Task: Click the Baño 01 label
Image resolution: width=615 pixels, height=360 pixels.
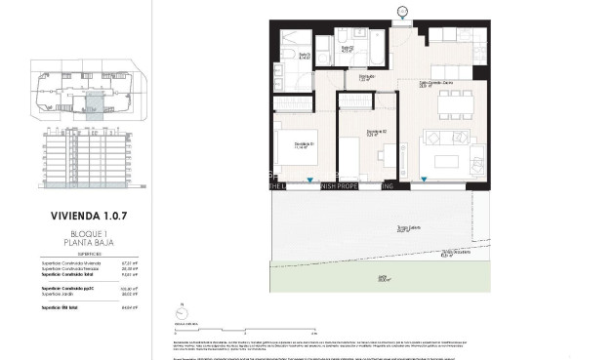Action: [x=304, y=56]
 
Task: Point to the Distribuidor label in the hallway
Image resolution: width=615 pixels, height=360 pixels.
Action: [x=366, y=76]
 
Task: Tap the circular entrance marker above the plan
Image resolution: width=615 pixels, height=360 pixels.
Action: [x=402, y=12]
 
